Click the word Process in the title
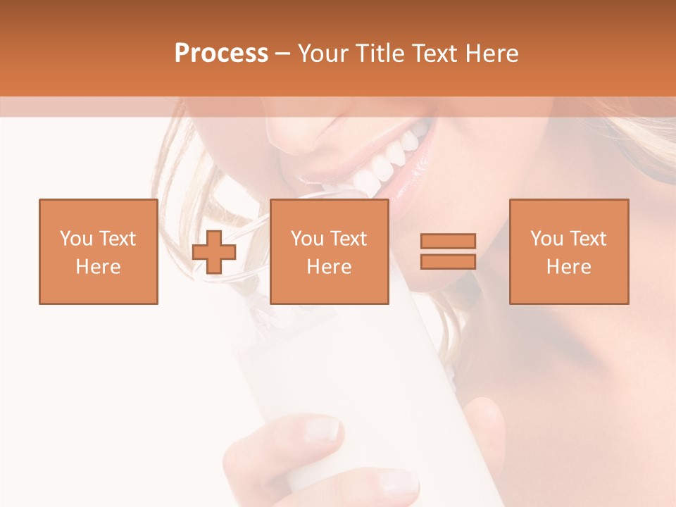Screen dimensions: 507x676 pyautogui.click(x=221, y=53)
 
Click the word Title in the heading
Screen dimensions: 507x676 pyautogui.click(x=382, y=54)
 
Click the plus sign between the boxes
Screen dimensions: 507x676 pyautogui.click(x=214, y=252)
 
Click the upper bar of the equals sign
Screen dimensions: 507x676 pyautogui.click(x=448, y=242)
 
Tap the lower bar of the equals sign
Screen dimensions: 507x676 pyautogui.click(x=448, y=261)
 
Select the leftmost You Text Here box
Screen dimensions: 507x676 pyautogui.click(x=99, y=251)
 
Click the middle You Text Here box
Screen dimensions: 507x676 pyautogui.click(x=329, y=251)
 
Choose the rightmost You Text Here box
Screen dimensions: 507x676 pyautogui.click(x=568, y=251)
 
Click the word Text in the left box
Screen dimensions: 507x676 pyautogui.click(x=116, y=239)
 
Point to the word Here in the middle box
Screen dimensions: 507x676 pyautogui.click(x=329, y=267)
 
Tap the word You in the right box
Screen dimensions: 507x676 pyautogui.click(x=546, y=239)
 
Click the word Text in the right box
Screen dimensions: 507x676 pyautogui.click(x=587, y=239)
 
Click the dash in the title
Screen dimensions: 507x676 pyautogui.click(x=283, y=54)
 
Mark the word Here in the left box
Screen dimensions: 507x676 pyautogui.click(x=99, y=267)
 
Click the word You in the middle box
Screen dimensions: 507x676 pyautogui.click(x=307, y=239)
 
